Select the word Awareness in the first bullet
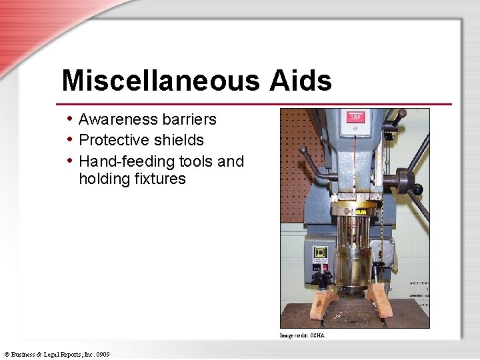click(x=118, y=119)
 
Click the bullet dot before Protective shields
click(x=70, y=140)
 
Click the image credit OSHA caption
click(x=302, y=335)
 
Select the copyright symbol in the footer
click(x=7, y=354)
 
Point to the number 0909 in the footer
click(x=101, y=354)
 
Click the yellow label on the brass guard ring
click(x=361, y=212)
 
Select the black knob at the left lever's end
click(x=303, y=150)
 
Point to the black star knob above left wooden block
click(x=321, y=277)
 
